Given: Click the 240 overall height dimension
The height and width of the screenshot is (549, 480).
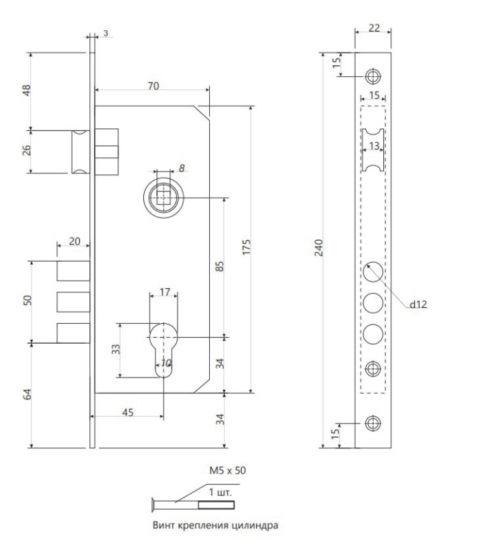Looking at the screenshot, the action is pyautogui.click(x=319, y=248).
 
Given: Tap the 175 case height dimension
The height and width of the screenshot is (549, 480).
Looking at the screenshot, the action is pyautogui.click(x=247, y=247).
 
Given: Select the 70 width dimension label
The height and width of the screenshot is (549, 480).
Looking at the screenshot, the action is pyautogui.click(x=153, y=86).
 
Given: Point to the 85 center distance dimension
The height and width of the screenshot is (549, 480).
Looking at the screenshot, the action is pyautogui.click(x=219, y=266).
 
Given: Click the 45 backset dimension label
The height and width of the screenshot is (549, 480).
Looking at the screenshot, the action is pyautogui.click(x=128, y=412).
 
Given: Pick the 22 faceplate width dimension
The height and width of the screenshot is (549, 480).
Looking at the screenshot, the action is pyautogui.click(x=374, y=27).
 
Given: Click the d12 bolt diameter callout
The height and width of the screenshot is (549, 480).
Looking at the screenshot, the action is pyautogui.click(x=418, y=304).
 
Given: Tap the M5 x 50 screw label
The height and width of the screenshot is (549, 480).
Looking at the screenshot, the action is pyautogui.click(x=228, y=470).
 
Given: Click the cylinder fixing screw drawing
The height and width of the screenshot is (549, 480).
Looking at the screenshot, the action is pyautogui.click(x=193, y=504).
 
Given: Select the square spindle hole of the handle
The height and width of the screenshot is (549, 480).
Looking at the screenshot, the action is pyautogui.click(x=163, y=198).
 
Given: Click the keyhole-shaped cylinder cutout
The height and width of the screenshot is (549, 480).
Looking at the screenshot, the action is pyautogui.click(x=163, y=350).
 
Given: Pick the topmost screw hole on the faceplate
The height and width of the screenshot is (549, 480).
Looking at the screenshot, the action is pyautogui.click(x=373, y=76).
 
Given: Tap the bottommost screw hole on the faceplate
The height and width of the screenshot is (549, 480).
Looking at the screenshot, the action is pyautogui.click(x=373, y=423).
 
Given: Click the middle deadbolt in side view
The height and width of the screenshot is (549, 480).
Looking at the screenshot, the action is pyautogui.click(x=73, y=302).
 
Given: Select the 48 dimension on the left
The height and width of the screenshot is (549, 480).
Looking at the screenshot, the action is pyautogui.click(x=27, y=91).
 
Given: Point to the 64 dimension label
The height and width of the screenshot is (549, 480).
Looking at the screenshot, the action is pyautogui.click(x=27, y=394).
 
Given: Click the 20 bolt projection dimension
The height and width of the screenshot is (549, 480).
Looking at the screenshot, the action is pyautogui.click(x=75, y=242).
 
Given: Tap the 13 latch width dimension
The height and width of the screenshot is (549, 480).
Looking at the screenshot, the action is pyautogui.click(x=374, y=145).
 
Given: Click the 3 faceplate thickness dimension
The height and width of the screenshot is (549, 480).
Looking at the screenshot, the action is pyautogui.click(x=106, y=33).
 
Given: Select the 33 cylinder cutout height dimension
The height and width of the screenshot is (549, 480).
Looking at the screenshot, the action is pyautogui.click(x=115, y=349).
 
